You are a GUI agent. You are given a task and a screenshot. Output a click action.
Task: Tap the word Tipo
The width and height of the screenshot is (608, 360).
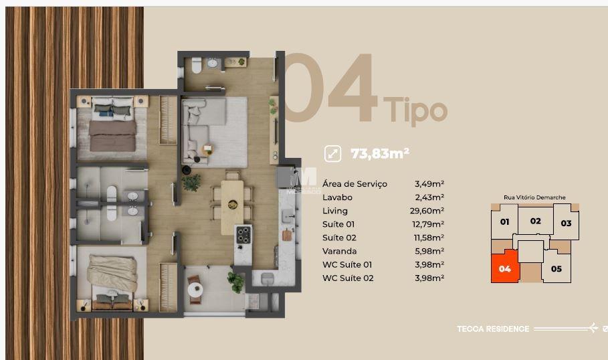click(x=415, y=110)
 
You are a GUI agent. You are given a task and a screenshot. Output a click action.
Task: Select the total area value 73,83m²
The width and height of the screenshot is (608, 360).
click(x=379, y=153)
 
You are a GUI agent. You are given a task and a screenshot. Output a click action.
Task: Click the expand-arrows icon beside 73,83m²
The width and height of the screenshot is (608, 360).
click(x=332, y=153)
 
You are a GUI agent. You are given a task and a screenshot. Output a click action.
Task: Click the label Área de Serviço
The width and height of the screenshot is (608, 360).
click(x=354, y=184)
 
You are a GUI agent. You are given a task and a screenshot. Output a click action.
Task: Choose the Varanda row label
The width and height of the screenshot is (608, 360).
click(x=340, y=251)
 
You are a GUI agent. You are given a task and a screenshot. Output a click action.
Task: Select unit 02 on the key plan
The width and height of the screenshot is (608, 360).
click(x=535, y=221)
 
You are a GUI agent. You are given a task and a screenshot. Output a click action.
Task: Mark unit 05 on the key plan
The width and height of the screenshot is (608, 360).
click(x=556, y=269)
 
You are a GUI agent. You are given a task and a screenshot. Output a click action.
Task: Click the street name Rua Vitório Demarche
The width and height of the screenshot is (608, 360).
click(x=534, y=198)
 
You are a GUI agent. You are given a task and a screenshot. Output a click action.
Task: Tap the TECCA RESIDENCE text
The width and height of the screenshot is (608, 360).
click(x=492, y=329)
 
